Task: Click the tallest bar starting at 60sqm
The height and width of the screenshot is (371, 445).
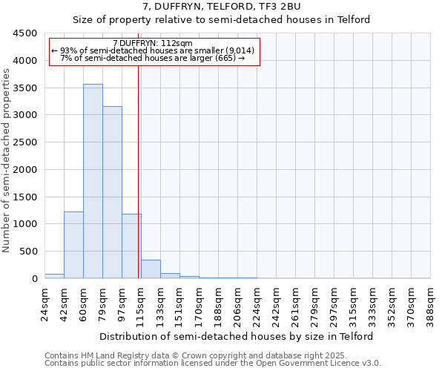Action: pyautogui.click(x=93, y=181)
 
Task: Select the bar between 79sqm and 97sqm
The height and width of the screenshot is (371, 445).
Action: pyautogui.click(x=112, y=192)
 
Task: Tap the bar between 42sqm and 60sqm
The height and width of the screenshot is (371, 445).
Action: pyautogui.click(x=73, y=245)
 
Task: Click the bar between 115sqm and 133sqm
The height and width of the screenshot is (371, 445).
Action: pyautogui.click(x=151, y=269)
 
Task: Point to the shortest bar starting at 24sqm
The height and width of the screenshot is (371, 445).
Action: pyautogui.click(x=54, y=276)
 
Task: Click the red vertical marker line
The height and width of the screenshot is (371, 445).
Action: pyautogui.click(x=139, y=171)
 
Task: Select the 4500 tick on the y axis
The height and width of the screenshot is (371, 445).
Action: pyautogui.click(x=24, y=33)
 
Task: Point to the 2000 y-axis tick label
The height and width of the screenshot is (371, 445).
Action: pyautogui.click(x=24, y=170)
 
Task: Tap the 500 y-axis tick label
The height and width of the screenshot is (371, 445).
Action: pyautogui.click(x=27, y=252)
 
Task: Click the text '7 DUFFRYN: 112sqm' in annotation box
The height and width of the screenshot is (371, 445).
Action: pyautogui.click(x=153, y=43)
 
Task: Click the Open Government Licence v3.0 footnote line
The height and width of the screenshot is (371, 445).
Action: pyautogui.click(x=213, y=364)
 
